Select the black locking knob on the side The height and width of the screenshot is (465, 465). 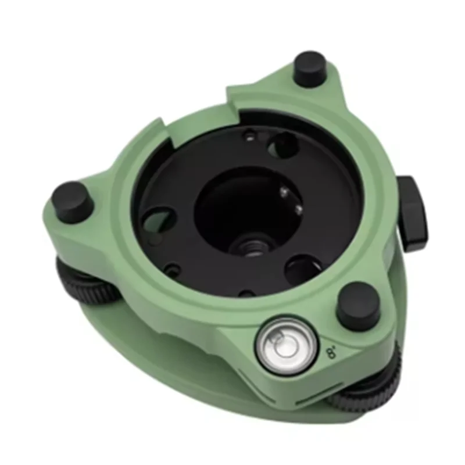point(413,213)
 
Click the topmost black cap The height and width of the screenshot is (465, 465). point(309,68)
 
